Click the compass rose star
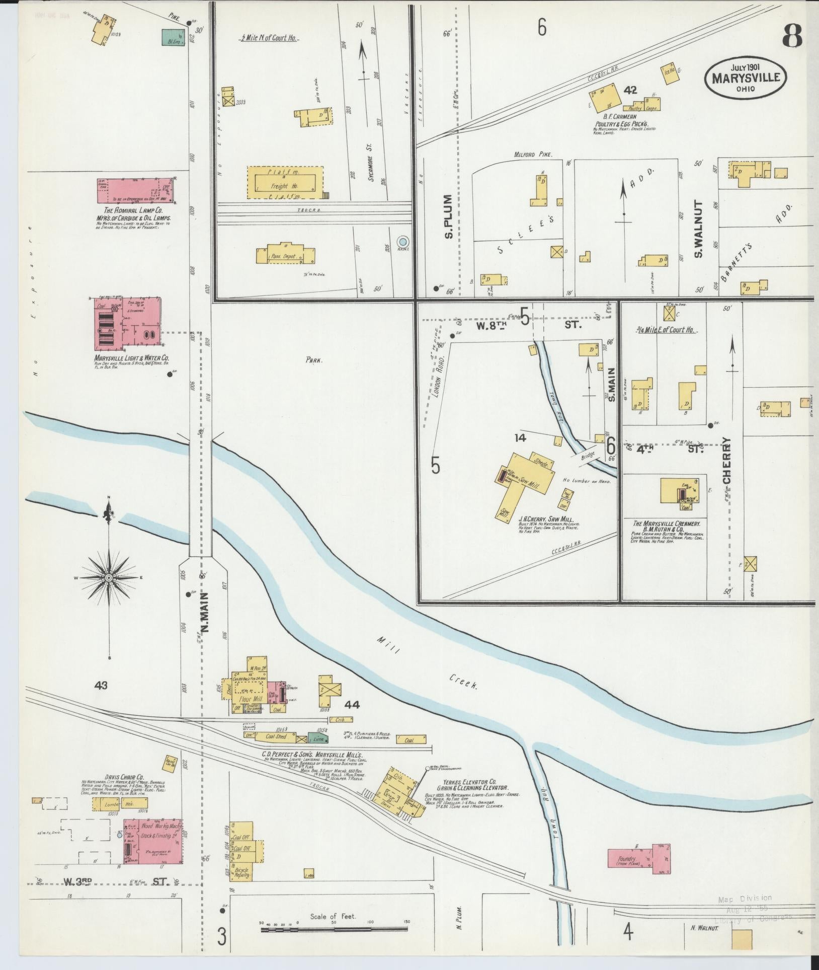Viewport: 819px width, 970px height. pos(109,577)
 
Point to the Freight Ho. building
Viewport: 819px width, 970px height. pos(284,182)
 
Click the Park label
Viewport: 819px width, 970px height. pos(313,360)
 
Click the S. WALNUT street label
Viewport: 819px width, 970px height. pos(698,230)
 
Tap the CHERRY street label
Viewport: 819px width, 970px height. pos(727,461)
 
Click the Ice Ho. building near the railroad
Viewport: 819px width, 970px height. pos(670,71)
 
